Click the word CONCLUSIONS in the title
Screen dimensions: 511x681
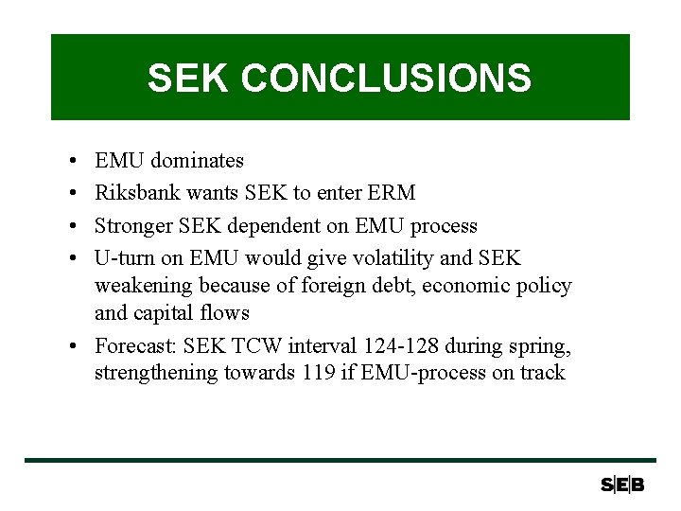(x=386, y=79)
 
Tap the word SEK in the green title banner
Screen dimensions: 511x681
(x=188, y=79)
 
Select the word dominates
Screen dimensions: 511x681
(x=197, y=161)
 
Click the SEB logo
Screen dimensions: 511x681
(x=621, y=485)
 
